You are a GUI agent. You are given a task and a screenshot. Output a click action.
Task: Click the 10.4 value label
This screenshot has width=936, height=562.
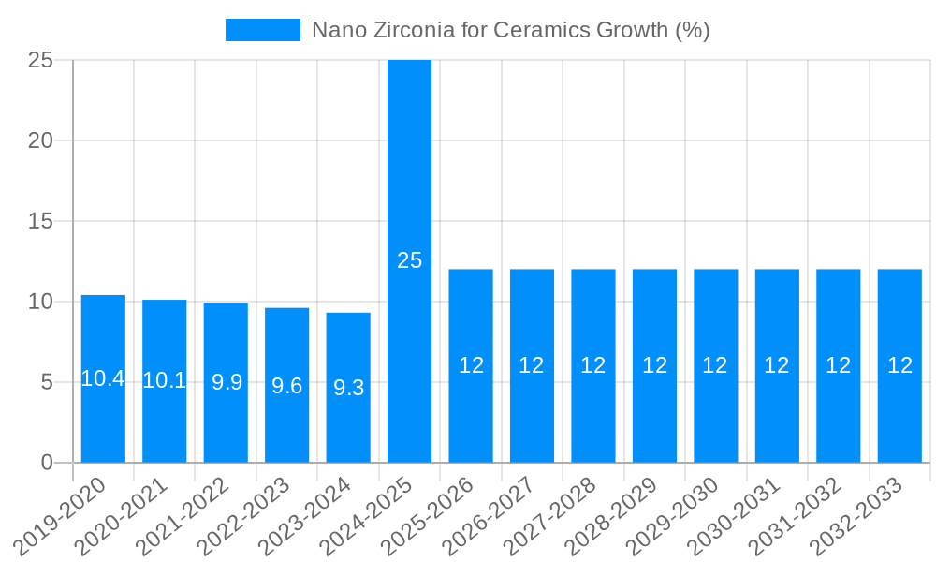pyautogui.click(x=103, y=379)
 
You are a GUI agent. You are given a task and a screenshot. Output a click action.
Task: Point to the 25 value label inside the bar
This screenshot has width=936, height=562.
pyautogui.click(x=409, y=261)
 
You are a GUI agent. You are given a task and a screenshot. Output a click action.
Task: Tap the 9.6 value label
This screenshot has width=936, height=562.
pyautogui.click(x=286, y=386)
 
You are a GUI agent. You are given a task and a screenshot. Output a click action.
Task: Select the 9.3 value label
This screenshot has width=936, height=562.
pyautogui.click(x=348, y=388)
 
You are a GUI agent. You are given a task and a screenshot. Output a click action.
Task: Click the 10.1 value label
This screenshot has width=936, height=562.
pyautogui.click(x=164, y=380)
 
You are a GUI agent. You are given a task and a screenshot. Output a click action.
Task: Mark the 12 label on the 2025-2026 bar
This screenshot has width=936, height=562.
pyautogui.click(x=471, y=366)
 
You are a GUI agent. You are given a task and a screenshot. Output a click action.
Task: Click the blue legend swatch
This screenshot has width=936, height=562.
pyautogui.click(x=263, y=30)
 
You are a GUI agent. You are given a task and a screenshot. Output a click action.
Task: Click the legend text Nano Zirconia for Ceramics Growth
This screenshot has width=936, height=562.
pyautogui.click(x=510, y=30)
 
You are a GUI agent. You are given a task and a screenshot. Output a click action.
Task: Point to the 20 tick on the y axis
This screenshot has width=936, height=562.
pyautogui.click(x=40, y=140)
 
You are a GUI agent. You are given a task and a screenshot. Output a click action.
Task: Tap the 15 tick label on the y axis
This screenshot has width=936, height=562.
pyautogui.click(x=40, y=221)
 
